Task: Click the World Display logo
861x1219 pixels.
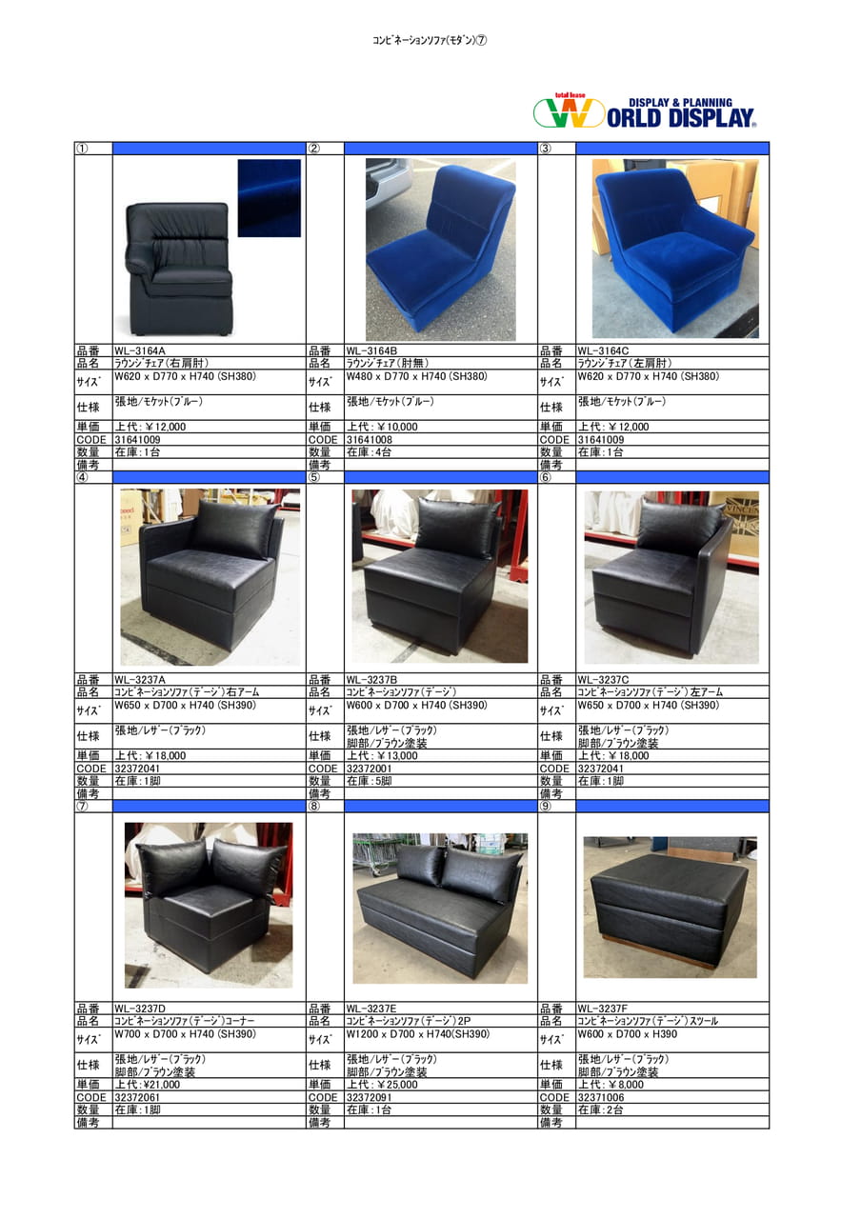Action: [x=645, y=111]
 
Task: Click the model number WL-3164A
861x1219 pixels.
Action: [x=139, y=351]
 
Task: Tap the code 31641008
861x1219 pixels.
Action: [x=369, y=439]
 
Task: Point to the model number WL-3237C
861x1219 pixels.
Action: [x=603, y=680]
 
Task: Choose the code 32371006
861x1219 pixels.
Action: [x=601, y=1097]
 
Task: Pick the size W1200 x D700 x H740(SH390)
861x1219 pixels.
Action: [x=417, y=1034]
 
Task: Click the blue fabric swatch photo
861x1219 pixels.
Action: [x=269, y=198]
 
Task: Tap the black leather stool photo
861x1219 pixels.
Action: [x=670, y=908]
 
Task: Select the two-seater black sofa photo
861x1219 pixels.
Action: [x=440, y=909]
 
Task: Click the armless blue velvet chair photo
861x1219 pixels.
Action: [x=440, y=250]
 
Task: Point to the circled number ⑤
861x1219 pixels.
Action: [x=314, y=477]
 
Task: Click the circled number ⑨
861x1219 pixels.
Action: [x=546, y=806]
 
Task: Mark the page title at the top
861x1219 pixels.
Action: [x=430, y=40]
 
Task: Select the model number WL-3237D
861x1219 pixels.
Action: [x=140, y=1009]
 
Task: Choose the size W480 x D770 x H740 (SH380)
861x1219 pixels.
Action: [x=416, y=376]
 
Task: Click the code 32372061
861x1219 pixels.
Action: [x=137, y=1097]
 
